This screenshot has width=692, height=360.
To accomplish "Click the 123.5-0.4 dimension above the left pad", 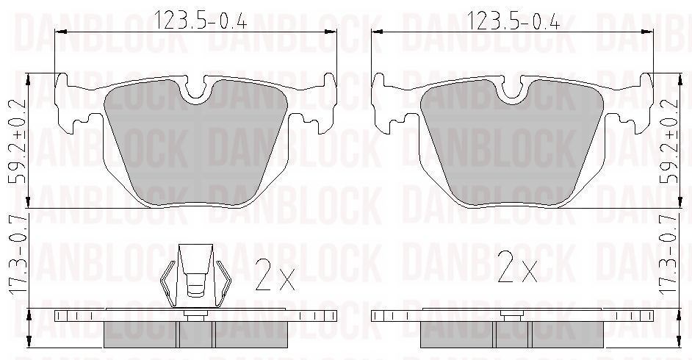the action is point(200,20).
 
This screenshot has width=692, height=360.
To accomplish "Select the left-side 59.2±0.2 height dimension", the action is point(17,141).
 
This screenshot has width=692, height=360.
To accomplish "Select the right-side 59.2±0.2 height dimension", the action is point(668,141).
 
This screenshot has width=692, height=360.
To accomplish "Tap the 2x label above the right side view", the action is point(517,267).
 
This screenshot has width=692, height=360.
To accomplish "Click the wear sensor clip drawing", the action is point(195,276).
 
